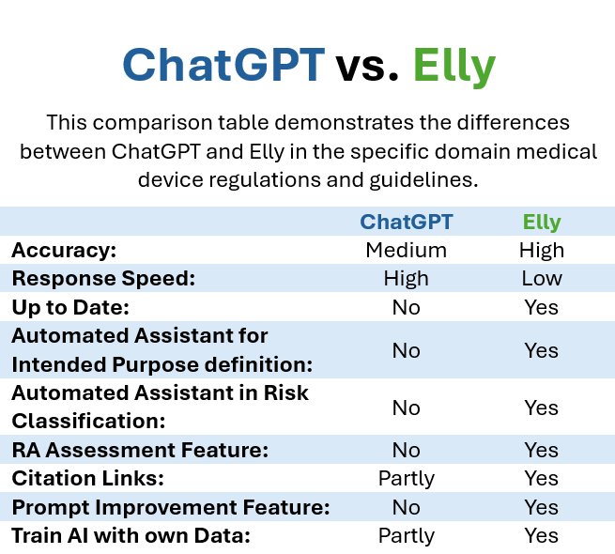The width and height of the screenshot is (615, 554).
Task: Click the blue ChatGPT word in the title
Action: [223, 65]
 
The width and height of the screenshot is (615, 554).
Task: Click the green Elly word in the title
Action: [454, 67]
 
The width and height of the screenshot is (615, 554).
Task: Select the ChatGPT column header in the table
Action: [407, 222]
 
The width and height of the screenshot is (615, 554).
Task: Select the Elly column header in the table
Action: [542, 223]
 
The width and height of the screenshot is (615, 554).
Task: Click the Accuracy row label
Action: [64, 251]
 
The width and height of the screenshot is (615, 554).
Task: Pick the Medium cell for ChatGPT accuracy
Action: [407, 251]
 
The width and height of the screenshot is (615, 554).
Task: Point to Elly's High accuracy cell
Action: [542, 251]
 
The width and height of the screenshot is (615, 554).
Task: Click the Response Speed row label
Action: [103, 279]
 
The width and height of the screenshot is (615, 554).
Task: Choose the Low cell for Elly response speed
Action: [542, 279]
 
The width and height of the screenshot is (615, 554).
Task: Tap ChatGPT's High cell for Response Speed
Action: [407, 280]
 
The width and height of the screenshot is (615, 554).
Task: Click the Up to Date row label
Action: [70, 308]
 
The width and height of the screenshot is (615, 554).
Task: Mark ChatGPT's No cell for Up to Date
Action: [407, 308]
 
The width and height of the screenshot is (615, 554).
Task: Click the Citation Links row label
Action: [88, 479]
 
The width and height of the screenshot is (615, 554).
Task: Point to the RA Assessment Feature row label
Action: [140, 451]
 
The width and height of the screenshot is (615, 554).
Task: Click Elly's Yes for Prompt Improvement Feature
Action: [542, 508]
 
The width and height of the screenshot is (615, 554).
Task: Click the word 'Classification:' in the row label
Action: [88, 422]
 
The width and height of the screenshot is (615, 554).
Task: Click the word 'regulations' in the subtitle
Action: [266, 180]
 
